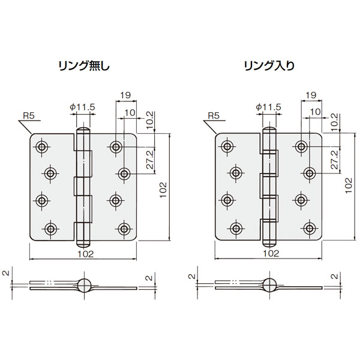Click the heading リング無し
coord(84,66)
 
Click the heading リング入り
coord(269,66)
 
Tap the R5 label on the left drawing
coord(29,116)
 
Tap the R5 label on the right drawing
coord(214,116)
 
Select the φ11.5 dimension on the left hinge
coord(83,107)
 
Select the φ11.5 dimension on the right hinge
coord(268,107)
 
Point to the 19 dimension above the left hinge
coord(125,95)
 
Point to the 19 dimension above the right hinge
coord(311,95)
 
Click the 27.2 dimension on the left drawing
coord(150,160)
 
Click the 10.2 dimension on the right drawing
coord(335,122)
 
